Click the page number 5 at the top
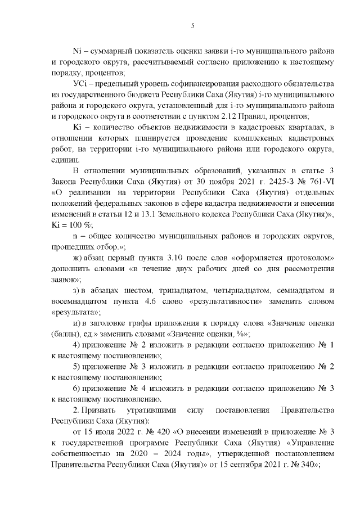(x=193, y=25)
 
